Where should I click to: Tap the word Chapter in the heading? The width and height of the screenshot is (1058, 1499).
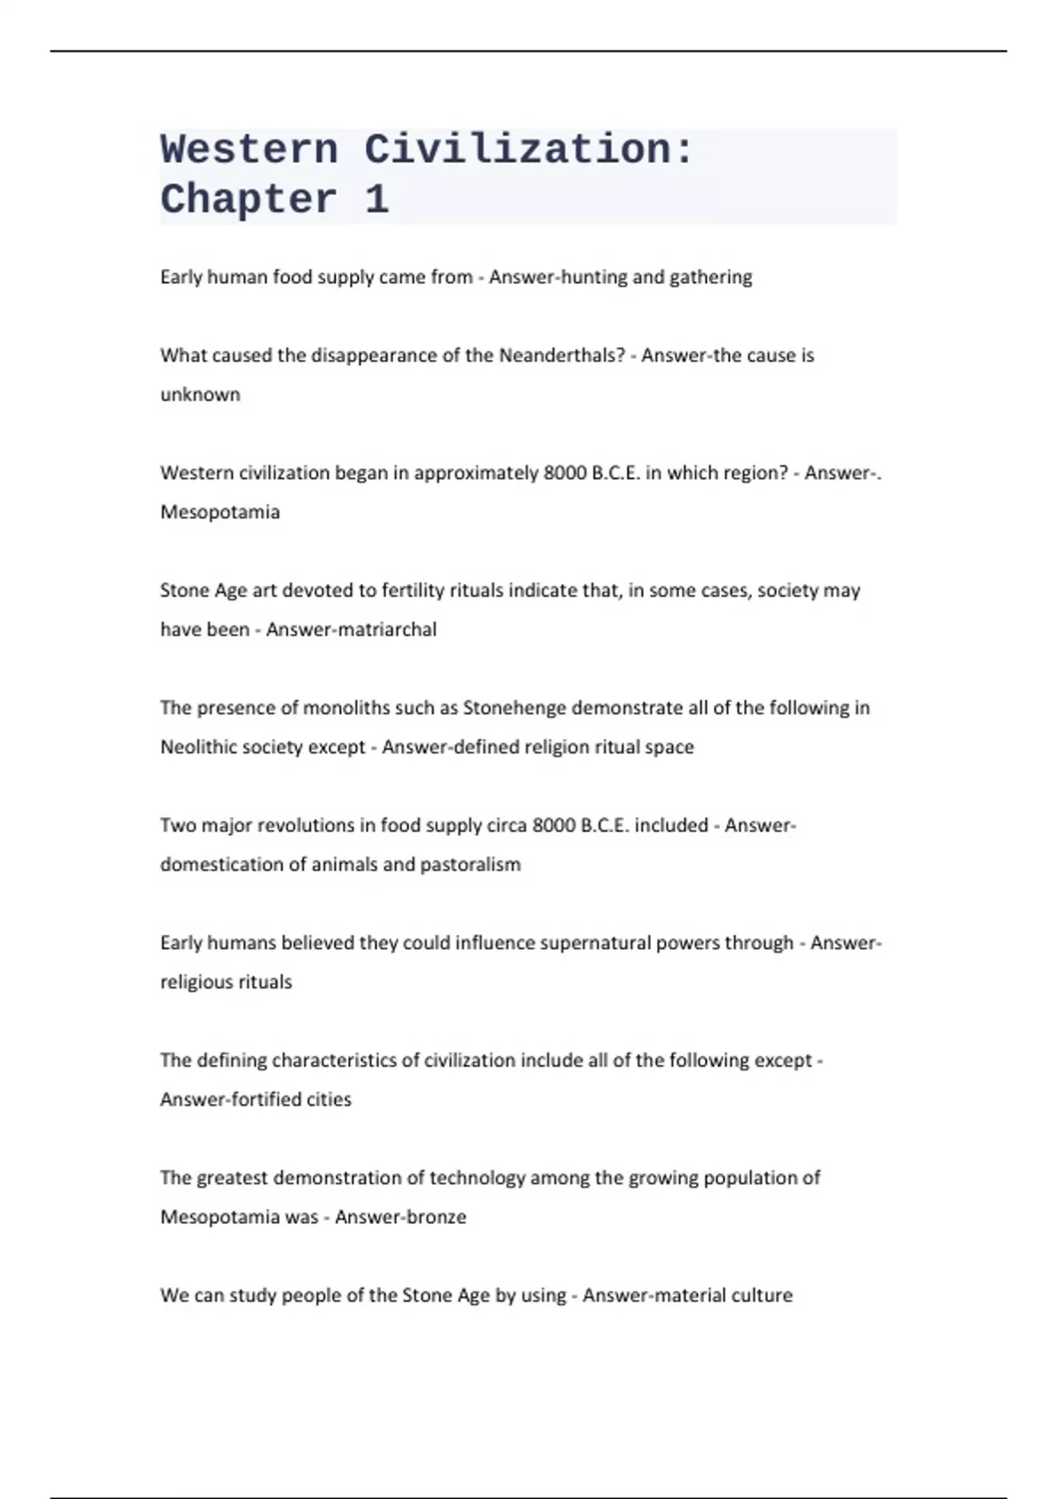[x=249, y=200]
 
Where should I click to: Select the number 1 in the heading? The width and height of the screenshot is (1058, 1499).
[x=376, y=200]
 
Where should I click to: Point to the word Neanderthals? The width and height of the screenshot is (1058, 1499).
[x=562, y=355]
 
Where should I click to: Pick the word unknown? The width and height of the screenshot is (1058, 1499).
[x=200, y=394]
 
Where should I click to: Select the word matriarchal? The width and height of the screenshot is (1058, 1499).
[x=392, y=630]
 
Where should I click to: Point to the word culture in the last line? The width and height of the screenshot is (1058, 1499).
[x=762, y=1295]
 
